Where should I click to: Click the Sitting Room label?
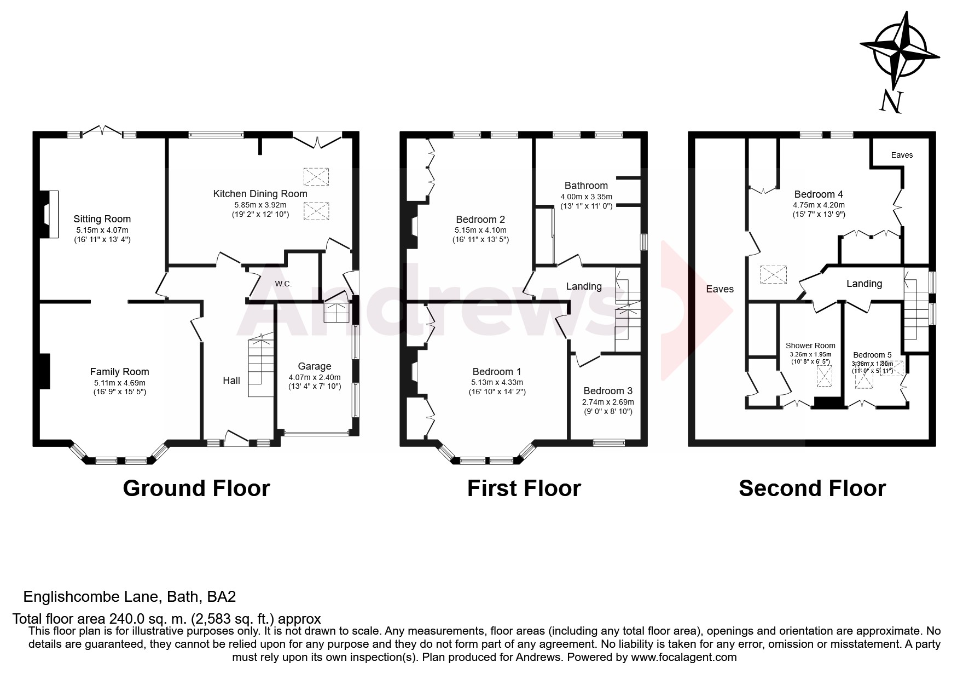(102, 219)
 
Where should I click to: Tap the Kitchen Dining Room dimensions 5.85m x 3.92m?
(260, 205)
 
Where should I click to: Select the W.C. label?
(283, 284)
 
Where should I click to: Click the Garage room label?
(314, 366)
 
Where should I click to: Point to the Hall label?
(231, 381)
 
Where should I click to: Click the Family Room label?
(119, 372)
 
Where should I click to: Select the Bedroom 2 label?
(480, 220)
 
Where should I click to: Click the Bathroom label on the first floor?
(586, 186)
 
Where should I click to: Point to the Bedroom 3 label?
(607, 391)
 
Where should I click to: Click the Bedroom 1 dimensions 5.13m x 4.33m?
(497, 382)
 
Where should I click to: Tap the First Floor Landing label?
(584, 286)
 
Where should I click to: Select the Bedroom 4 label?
(818, 194)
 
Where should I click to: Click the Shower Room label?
(810, 346)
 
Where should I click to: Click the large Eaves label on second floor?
(720, 289)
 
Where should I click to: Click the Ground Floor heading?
(196, 488)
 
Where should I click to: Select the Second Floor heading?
(812, 488)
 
